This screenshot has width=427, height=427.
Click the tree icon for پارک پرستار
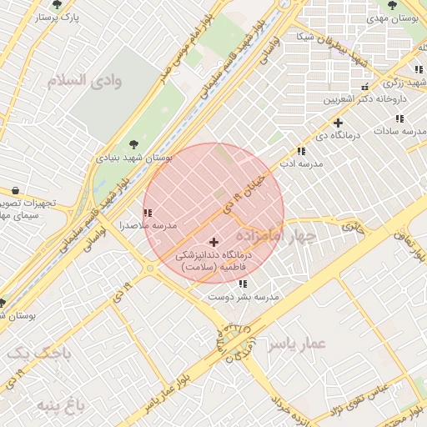(x=56, y=5)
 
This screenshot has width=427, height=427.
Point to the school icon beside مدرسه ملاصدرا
(x=148, y=213)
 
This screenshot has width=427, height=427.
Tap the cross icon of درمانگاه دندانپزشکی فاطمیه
(x=213, y=242)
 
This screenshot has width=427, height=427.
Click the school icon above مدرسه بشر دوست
(x=243, y=284)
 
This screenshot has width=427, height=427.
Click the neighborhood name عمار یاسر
(x=299, y=343)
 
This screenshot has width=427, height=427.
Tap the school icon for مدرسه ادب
(x=301, y=152)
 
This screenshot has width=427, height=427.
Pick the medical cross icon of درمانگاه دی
(x=338, y=123)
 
